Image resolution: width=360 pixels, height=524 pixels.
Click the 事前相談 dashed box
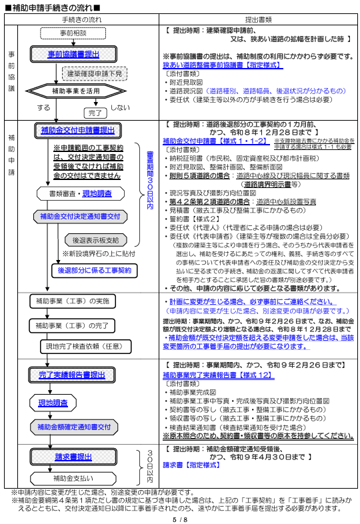pyautogui.click(x=74, y=32)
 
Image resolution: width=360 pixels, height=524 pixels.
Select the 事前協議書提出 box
pyautogui.click(x=74, y=53)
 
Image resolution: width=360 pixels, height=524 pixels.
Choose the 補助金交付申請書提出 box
pyautogui.click(x=78, y=129)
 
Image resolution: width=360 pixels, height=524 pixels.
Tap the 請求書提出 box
pyautogui.click(x=73, y=457)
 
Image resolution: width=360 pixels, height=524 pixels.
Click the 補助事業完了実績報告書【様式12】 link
pyautogui.click(x=217, y=375)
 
